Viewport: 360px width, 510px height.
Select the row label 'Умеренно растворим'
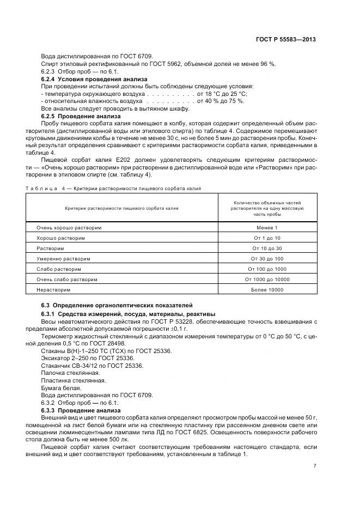point(63,259)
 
